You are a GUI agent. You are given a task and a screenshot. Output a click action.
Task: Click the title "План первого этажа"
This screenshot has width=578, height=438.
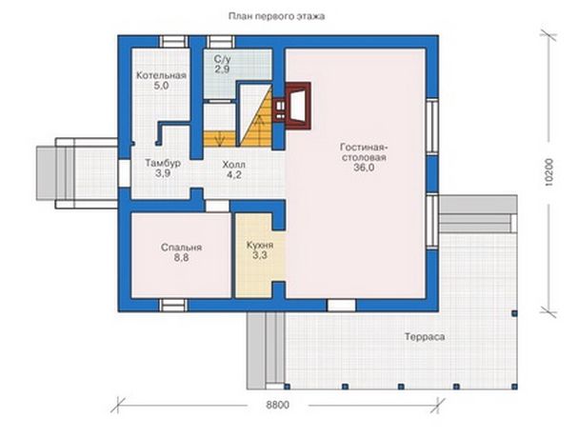click(x=276, y=16)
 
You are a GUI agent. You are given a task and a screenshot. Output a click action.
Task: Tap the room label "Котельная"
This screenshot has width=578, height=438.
click(x=161, y=75)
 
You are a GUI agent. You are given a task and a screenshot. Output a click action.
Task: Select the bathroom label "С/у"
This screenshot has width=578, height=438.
click(x=222, y=59)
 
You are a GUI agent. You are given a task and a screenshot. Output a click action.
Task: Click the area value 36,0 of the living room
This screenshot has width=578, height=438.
click(x=364, y=168)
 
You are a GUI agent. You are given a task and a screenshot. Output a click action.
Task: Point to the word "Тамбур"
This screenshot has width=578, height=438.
click(x=163, y=163)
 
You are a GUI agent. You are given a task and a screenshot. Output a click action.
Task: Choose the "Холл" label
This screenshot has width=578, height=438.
click(x=233, y=165)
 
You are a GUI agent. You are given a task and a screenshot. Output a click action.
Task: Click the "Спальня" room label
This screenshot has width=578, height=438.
click(x=181, y=248)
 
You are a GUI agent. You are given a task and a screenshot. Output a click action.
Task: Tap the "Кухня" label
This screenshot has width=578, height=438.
click(x=260, y=245)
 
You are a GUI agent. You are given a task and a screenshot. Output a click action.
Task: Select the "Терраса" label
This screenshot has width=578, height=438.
click(x=425, y=337)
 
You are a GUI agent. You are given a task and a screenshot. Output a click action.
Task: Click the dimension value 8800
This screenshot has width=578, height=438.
click(x=277, y=405)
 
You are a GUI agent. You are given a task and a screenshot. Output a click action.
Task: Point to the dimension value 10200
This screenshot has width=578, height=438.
click(x=548, y=171)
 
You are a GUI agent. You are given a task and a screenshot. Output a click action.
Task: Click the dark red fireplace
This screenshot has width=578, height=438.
click(x=291, y=106)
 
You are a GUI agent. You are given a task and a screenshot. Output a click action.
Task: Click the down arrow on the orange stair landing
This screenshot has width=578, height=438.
click(x=220, y=139)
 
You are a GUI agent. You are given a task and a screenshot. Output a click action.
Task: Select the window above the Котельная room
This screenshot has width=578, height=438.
click(x=173, y=42)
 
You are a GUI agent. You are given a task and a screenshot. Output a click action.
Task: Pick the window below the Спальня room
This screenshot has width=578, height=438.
click(x=173, y=306)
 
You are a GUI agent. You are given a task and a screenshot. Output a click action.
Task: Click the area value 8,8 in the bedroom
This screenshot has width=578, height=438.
click(x=181, y=257)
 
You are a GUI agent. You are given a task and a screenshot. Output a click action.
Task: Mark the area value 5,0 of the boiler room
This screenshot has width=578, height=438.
click(x=161, y=86)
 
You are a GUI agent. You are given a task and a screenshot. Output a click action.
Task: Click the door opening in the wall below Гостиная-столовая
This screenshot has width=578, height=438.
click(x=341, y=306)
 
